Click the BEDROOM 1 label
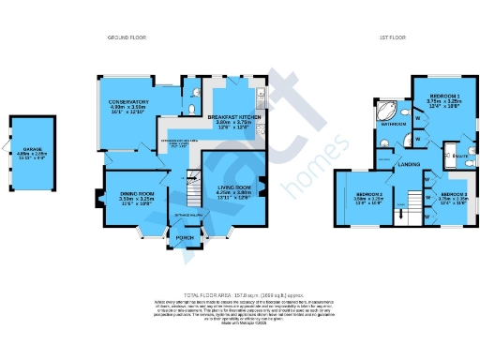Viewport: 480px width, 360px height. pos(443,97)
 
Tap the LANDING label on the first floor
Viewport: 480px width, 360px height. pos(409,164)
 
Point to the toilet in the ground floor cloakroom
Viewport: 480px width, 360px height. pos(190,92)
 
